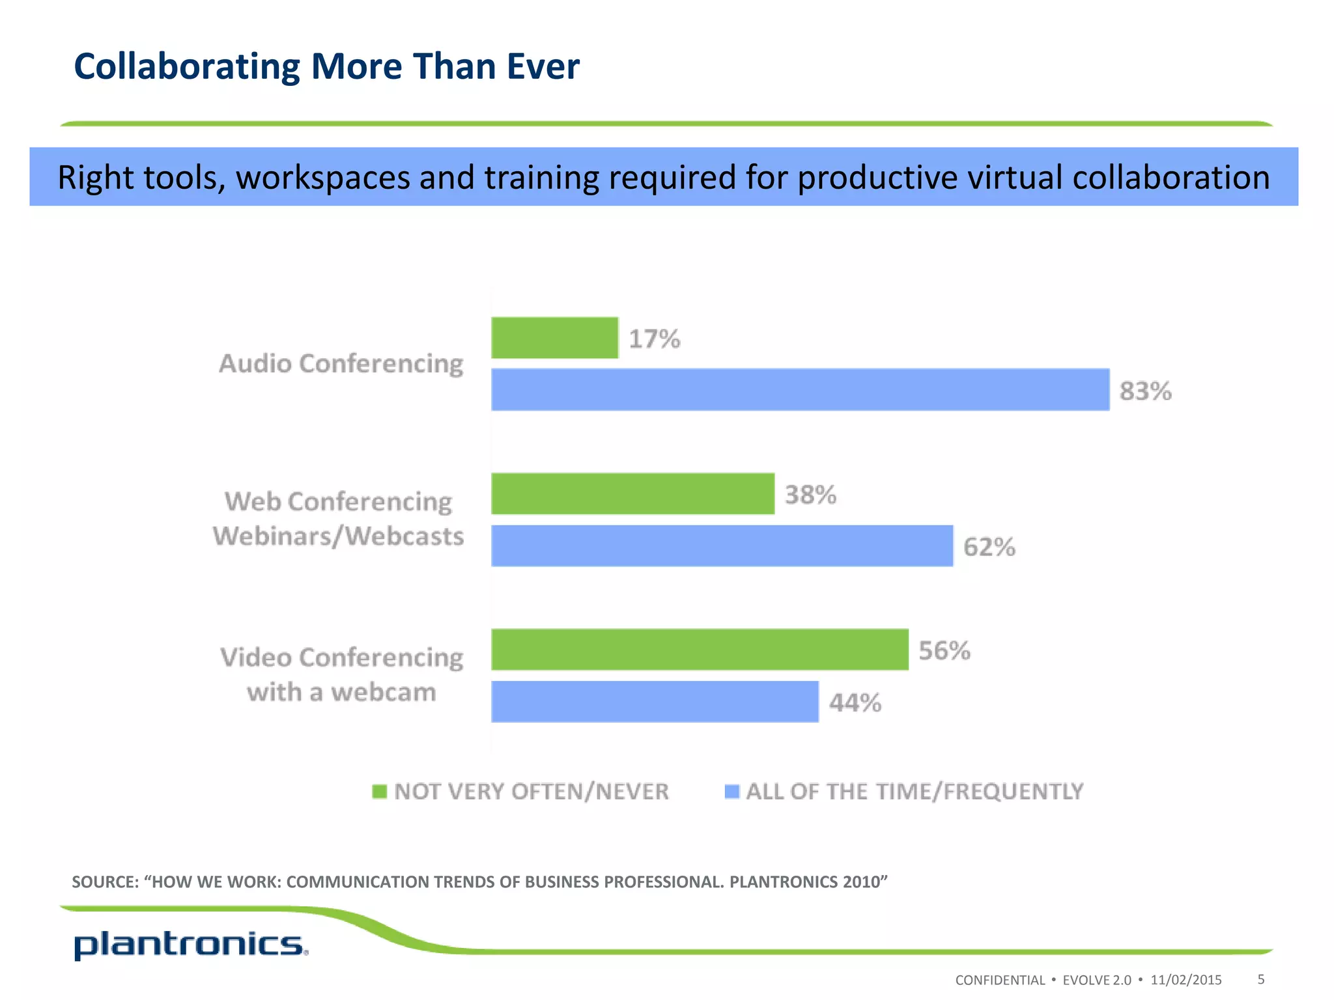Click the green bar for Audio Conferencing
(554, 338)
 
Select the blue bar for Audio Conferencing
(800, 390)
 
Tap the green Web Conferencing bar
(632, 494)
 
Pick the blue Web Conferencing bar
(722, 546)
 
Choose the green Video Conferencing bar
(700, 650)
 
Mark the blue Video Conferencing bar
(655, 702)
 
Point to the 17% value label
(654, 339)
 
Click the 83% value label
(1145, 391)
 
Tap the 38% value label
(810, 495)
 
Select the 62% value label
(989, 547)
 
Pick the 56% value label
(944, 650)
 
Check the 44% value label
(855, 702)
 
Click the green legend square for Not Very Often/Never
(379, 792)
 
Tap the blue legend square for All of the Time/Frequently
(732, 792)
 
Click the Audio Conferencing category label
(341, 363)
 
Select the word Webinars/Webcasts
(338, 536)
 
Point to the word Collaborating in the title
(187, 66)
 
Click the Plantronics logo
(190, 945)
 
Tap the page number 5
(1261, 979)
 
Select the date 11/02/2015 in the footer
(1186, 980)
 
